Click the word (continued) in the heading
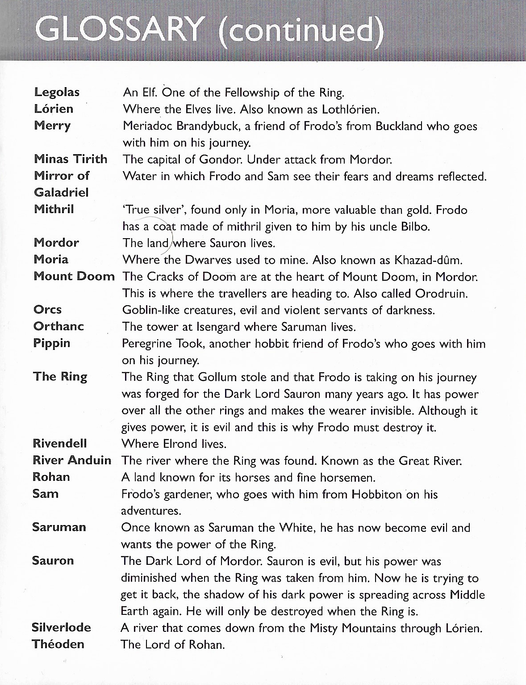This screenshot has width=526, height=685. pos(301,31)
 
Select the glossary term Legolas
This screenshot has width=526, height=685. pos(57,92)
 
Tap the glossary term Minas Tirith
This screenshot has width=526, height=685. pos(71,159)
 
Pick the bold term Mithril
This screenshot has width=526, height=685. pos(54,209)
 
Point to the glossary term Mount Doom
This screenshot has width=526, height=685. pos(74,276)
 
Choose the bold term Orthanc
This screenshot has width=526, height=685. pos(58,326)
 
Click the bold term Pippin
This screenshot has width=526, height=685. pos(51,343)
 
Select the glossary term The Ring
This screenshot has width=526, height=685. pos(60,377)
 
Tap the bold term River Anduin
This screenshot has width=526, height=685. pos(72,460)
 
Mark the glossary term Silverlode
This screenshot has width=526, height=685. pos(61,627)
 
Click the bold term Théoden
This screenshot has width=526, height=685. pos(58,644)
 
